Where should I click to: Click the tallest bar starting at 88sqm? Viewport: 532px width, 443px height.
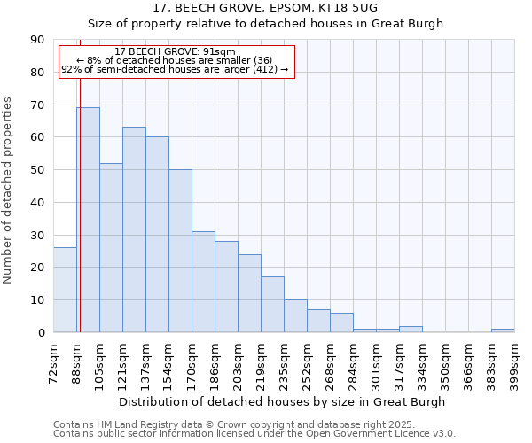click(88, 220)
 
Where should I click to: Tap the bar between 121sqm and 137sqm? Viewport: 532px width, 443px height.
click(134, 229)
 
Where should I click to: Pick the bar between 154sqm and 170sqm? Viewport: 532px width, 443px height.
click(180, 251)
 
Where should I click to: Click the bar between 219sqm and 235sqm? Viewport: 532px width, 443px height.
click(272, 305)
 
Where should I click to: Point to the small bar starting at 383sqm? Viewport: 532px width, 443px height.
click(503, 330)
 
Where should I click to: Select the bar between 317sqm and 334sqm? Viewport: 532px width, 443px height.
click(411, 329)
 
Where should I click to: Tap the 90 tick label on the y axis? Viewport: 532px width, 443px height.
click(37, 40)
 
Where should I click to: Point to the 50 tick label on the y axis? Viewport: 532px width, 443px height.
click(37, 170)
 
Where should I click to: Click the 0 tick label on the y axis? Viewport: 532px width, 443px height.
click(41, 333)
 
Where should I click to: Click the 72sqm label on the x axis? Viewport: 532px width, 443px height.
click(54, 361)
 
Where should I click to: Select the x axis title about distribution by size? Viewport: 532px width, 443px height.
click(284, 401)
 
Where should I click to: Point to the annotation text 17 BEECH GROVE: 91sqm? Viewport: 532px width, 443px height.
click(176, 52)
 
